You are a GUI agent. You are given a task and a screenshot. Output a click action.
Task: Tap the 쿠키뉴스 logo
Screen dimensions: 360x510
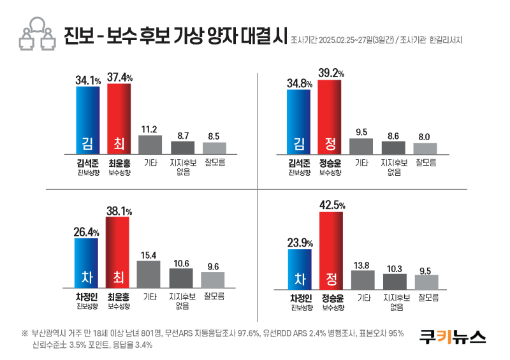tap(452, 336)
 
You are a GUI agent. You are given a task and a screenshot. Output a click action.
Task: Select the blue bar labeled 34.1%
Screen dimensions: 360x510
tap(87, 120)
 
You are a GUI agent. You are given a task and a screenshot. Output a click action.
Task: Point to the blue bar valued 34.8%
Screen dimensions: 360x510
tap(298, 122)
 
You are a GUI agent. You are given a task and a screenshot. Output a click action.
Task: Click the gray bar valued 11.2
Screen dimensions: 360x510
tap(150, 144)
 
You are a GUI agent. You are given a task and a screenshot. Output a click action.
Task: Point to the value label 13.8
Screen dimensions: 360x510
tap(362, 264)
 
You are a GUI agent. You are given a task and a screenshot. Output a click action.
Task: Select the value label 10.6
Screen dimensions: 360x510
tap(181, 263)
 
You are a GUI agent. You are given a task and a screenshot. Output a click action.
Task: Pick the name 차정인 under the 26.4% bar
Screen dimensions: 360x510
tap(86, 297)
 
